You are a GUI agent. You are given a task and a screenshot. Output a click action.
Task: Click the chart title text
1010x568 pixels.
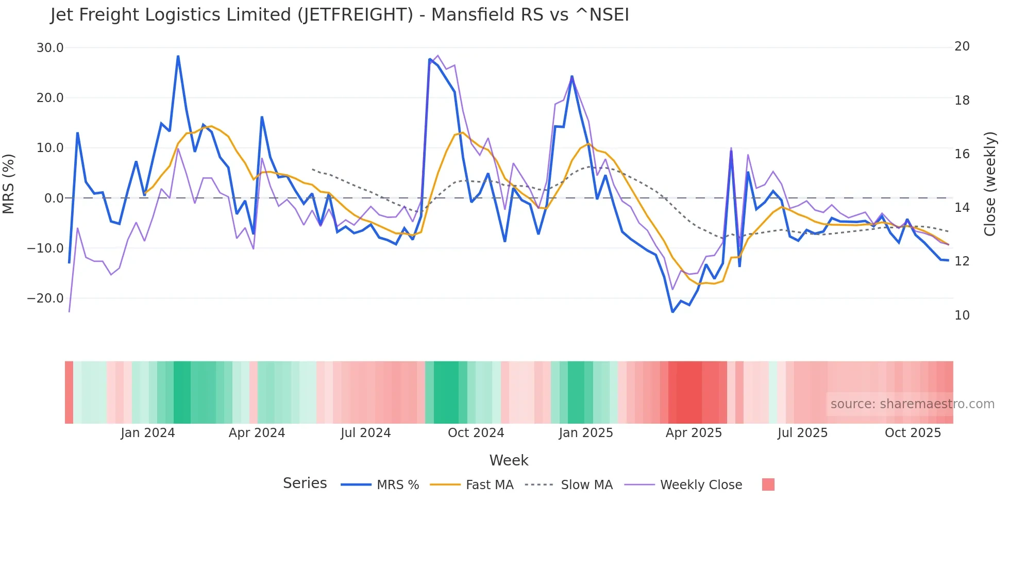click(339, 15)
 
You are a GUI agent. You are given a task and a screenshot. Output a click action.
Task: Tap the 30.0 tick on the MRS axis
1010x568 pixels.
click(50, 48)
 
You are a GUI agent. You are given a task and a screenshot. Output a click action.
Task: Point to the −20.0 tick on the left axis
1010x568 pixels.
click(45, 298)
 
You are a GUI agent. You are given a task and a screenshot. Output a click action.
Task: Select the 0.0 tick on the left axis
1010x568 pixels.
click(54, 198)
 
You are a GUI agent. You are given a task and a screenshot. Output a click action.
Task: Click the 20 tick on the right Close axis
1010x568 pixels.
click(962, 46)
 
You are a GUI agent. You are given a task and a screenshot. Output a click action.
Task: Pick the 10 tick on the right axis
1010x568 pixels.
click(962, 315)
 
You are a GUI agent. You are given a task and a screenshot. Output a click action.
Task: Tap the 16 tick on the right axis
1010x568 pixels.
click(962, 154)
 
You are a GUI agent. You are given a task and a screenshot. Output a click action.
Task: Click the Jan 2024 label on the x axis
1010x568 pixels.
click(148, 433)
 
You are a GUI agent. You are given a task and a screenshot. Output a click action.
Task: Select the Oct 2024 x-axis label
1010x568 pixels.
click(476, 433)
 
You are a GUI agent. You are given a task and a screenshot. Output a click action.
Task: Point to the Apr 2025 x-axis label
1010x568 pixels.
click(694, 433)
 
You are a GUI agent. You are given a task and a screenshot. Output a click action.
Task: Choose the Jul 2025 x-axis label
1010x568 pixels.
click(802, 433)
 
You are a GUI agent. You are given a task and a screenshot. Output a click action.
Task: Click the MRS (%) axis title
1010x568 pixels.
click(9, 184)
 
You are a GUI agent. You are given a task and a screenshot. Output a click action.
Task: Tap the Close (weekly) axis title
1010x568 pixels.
click(990, 184)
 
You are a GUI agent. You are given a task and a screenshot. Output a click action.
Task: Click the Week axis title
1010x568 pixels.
click(509, 460)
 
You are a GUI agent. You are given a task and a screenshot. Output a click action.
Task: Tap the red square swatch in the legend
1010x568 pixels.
click(768, 485)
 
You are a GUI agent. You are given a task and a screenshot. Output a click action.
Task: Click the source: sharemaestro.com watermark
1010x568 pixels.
click(912, 404)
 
